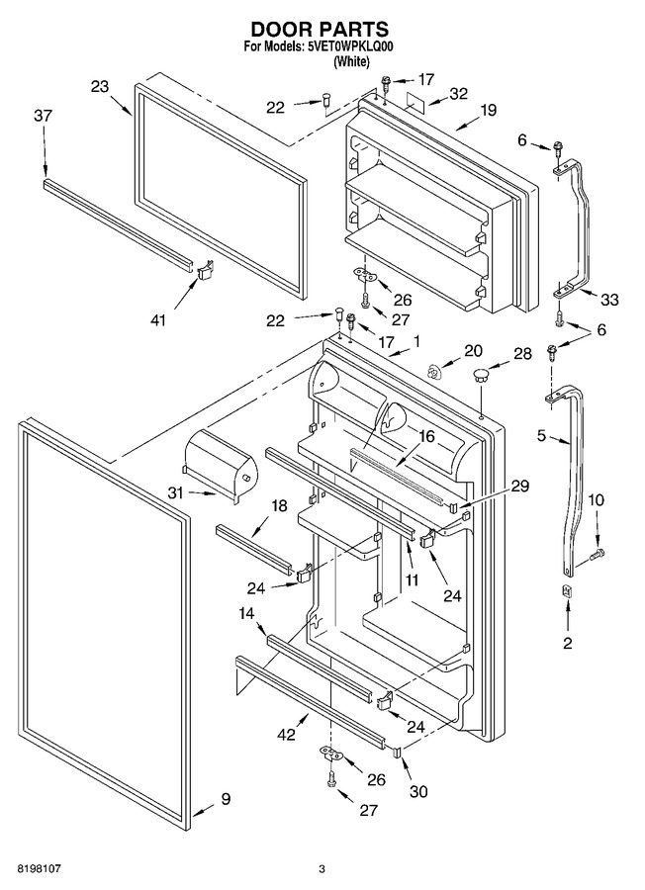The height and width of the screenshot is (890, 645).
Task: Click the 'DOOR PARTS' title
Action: click(320, 29)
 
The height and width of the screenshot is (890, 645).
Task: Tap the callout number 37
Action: click(43, 116)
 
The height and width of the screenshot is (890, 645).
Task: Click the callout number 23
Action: click(100, 86)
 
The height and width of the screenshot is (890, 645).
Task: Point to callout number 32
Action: click(458, 93)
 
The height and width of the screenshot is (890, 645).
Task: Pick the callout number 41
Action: click(158, 320)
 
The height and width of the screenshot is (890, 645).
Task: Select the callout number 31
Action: click(176, 492)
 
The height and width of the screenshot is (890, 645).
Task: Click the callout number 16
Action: click(427, 436)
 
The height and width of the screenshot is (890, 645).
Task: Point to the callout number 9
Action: click(226, 799)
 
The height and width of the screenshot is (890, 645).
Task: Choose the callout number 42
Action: click(287, 734)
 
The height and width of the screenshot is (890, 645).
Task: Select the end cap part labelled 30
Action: click(398, 752)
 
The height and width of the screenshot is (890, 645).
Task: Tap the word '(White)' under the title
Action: click(351, 61)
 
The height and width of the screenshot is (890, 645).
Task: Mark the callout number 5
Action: click(542, 435)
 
